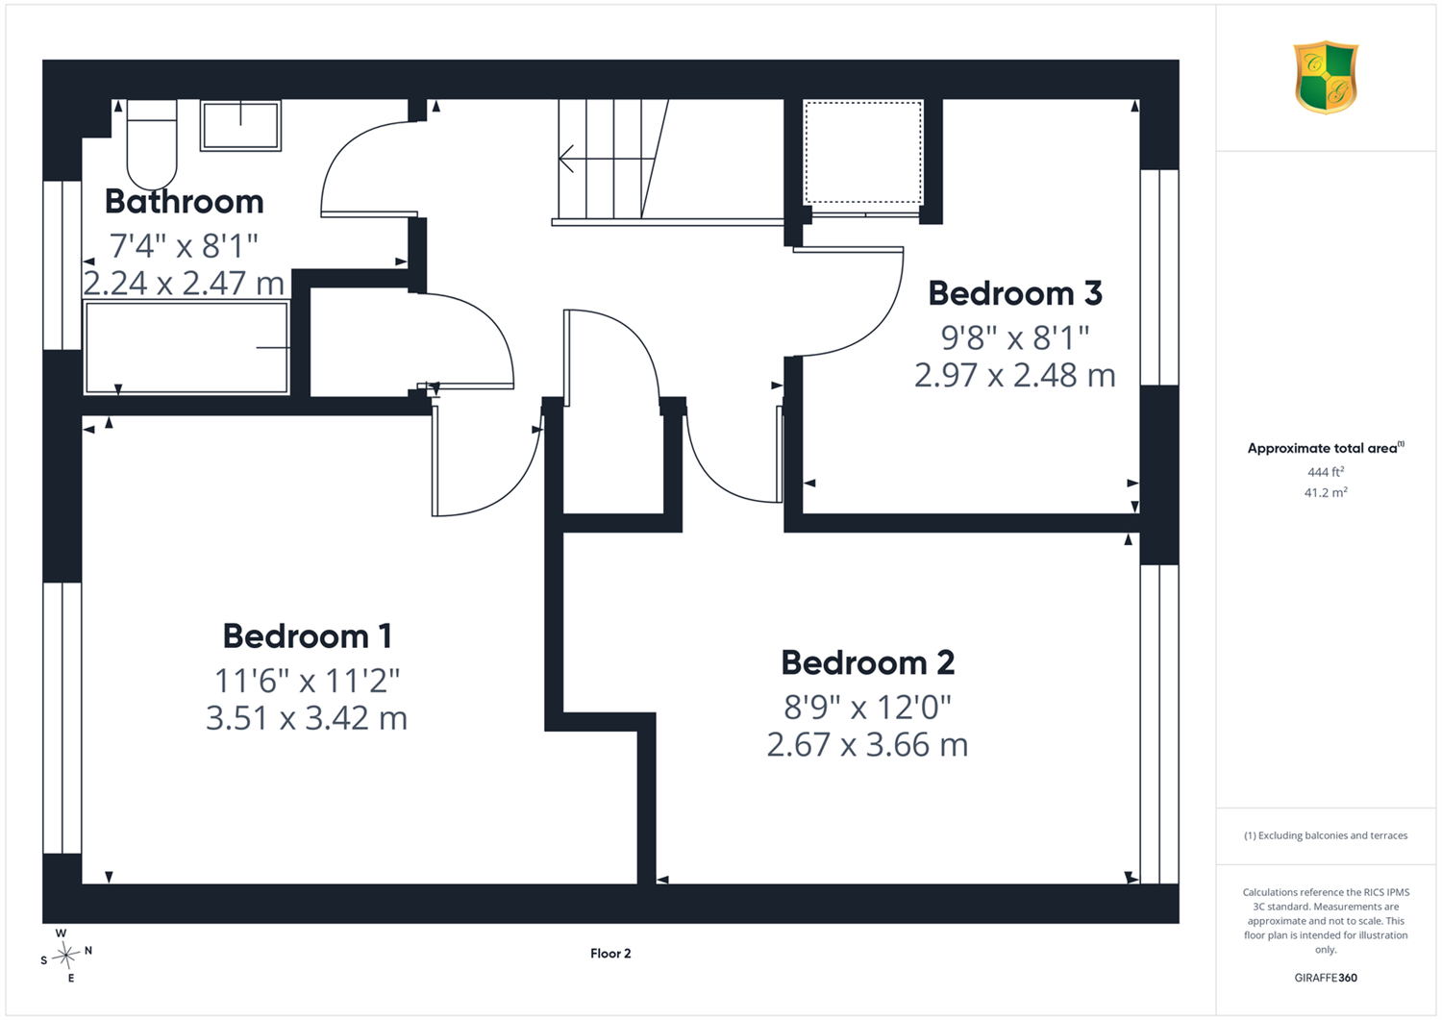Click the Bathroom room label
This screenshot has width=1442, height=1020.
click(x=185, y=202)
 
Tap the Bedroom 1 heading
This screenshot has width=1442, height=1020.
click(x=307, y=636)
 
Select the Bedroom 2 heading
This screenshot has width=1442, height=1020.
click(x=868, y=662)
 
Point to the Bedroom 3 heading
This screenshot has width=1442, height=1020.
click(x=1015, y=293)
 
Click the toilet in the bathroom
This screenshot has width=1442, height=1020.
click(x=152, y=144)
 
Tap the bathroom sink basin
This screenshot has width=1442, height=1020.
click(x=240, y=126)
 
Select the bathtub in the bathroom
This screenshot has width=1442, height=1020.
click(x=186, y=347)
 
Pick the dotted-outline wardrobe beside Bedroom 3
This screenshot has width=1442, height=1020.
click(x=862, y=153)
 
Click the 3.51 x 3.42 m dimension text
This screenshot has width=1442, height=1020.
click(x=307, y=718)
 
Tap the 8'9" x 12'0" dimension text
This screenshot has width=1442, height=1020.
click(x=867, y=707)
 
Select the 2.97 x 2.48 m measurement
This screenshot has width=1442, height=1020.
click(x=1015, y=376)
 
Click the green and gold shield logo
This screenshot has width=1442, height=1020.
click(x=1326, y=77)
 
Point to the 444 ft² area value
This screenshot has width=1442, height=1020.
click(x=1326, y=472)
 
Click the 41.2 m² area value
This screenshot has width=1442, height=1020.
click(x=1326, y=492)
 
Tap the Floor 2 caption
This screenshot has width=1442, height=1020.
click(x=610, y=954)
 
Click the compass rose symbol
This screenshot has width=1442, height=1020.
click(x=65, y=956)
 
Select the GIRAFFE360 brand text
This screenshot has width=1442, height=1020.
click(x=1326, y=978)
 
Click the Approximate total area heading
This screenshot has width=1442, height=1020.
click(x=1326, y=448)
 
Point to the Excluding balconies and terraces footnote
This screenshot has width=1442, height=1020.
click(x=1326, y=835)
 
